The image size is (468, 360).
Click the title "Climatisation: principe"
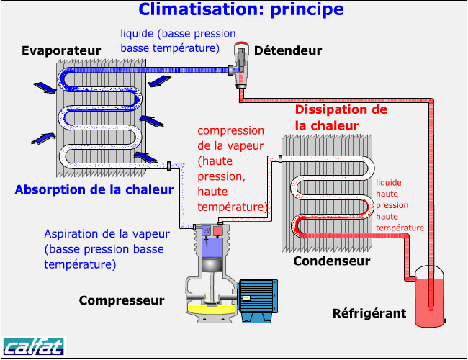coord(241,9)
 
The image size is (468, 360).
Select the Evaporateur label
coord(61,50)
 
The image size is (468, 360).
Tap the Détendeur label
coord(288,50)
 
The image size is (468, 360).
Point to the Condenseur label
coord(332,261)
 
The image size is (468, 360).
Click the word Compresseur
coord(122,300)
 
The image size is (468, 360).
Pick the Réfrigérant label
coord(369,313)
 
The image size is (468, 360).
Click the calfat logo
coord(34,346)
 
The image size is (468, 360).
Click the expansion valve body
coord(241,65)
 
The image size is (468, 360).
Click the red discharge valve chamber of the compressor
coord(218,230)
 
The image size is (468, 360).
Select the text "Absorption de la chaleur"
coord(94,189)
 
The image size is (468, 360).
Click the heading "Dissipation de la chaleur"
coord(341,117)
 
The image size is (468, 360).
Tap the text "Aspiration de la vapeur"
coord(107,234)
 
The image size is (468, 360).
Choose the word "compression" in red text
coord(230,131)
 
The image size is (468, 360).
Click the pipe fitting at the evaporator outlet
coord(168,166)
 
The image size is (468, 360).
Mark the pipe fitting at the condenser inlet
coord(280,158)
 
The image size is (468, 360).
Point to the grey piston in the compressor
coord(212,265)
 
